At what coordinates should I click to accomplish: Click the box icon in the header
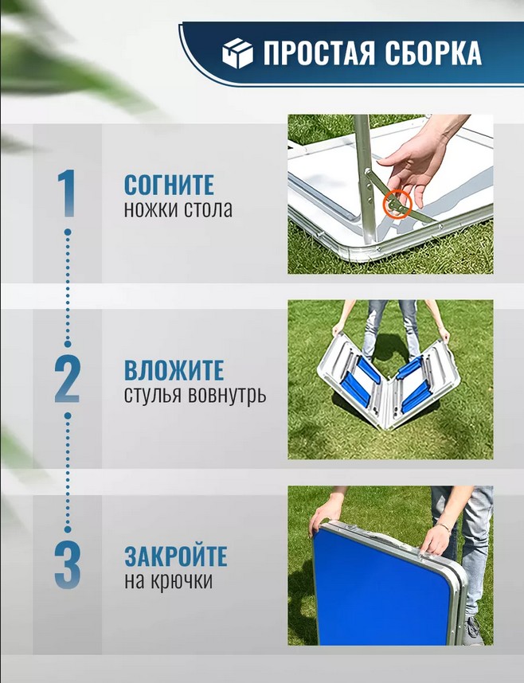(x=237, y=53)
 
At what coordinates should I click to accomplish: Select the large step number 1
(x=67, y=193)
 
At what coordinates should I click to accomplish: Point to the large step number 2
(x=67, y=379)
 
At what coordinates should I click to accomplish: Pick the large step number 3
(x=68, y=565)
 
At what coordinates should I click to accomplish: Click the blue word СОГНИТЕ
(x=169, y=185)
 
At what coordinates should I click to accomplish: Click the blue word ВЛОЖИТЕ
(x=174, y=370)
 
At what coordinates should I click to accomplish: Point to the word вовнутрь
(x=227, y=396)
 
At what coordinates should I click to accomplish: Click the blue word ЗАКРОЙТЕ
(x=176, y=556)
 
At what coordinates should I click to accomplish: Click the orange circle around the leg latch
(x=397, y=204)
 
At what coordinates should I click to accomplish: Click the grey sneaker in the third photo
(x=473, y=630)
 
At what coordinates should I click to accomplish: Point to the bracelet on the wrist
(x=444, y=528)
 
